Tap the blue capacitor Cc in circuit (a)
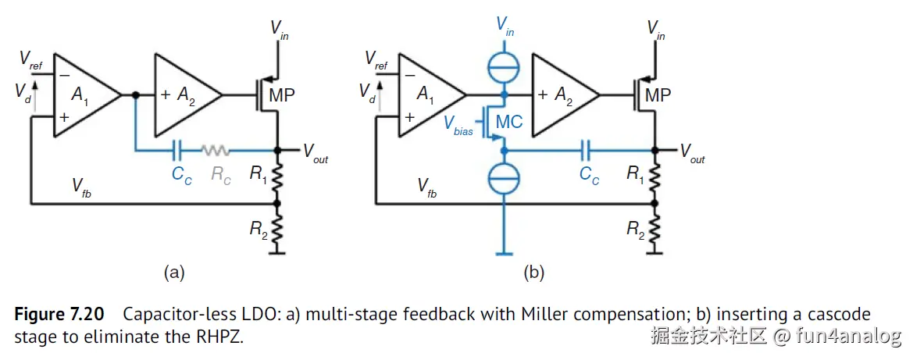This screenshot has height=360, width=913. pos(179,149)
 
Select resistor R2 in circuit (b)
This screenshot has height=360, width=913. pos(654,229)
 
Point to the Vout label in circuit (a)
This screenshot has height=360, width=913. pos(315,153)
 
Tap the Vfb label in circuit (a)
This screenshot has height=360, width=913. pos(82,186)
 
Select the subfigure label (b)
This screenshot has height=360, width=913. pos(533,272)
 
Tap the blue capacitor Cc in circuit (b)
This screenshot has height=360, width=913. pos(588,149)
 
